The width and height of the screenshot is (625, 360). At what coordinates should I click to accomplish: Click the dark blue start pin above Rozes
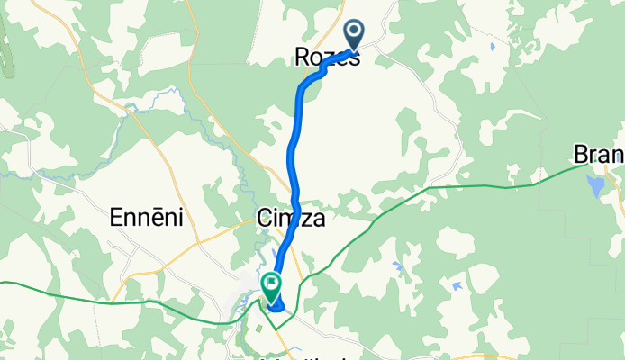point(354,35)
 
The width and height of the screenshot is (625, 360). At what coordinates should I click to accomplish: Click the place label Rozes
point(327,57)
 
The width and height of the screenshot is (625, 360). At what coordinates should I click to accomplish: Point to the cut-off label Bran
point(598,155)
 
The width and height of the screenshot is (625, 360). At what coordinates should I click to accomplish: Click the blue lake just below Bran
point(595,186)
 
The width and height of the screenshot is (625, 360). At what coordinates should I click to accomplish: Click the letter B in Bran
point(581,155)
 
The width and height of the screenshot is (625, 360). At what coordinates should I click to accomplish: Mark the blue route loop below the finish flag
point(276,309)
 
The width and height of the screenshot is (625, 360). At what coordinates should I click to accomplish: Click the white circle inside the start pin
point(354,31)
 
